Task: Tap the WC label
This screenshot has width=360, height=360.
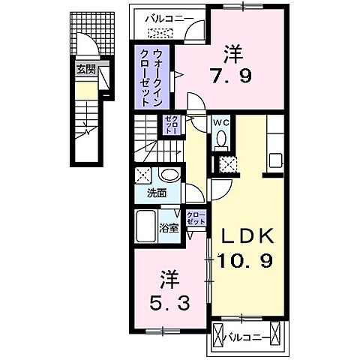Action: tap(221, 122)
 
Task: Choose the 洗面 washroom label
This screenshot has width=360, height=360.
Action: tap(157, 193)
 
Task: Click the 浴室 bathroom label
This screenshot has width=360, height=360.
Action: tap(169, 228)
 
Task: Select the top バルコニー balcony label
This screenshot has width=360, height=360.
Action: tap(163, 16)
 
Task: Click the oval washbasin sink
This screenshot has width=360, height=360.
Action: tap(169, 176)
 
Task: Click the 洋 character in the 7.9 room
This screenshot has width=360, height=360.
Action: tap(234, 54)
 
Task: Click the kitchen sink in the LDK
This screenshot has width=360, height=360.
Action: tap(275, 161)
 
